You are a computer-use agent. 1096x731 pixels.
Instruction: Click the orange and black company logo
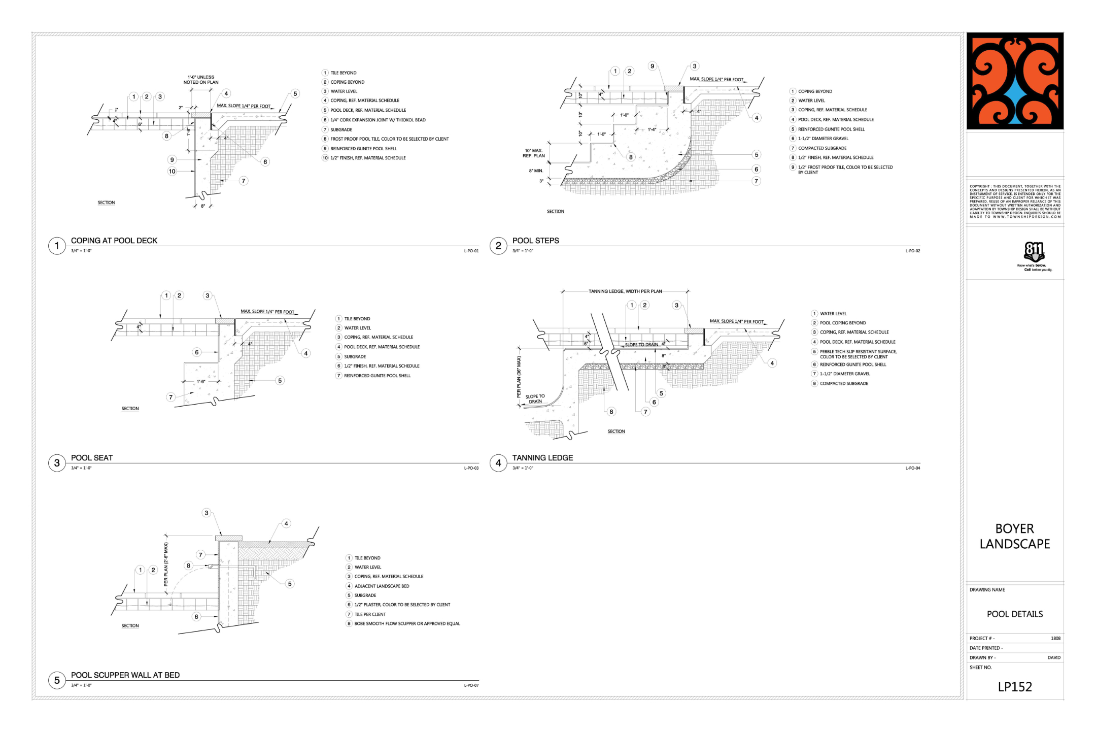click(1015, 81)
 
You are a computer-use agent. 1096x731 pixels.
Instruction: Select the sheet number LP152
click(1015, 687)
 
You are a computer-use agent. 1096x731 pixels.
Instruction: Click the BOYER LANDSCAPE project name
click(1015, 536)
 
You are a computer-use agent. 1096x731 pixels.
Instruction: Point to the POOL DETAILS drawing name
click(1015, 614)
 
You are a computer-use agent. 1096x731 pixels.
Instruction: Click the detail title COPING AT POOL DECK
click(114, 241)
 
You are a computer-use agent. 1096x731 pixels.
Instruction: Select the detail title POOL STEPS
click(535, 241)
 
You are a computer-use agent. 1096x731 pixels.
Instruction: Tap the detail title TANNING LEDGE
click(542, 458)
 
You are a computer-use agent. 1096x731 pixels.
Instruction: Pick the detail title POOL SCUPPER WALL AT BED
click(125, 675)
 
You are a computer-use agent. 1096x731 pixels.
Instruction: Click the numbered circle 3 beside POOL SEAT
click(57, 463)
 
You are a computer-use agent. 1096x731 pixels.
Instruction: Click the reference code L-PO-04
click(912, 468)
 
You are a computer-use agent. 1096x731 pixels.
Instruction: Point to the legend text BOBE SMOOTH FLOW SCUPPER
click(407, 624)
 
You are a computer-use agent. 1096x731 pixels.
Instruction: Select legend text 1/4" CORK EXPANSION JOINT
click(378, 120)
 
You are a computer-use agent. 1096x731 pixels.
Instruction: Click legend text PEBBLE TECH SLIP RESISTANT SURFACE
click(858, 352)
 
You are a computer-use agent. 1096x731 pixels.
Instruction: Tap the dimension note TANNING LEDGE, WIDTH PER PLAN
click(625, 291)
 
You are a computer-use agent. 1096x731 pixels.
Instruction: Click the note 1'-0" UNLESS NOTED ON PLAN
click(201, 80)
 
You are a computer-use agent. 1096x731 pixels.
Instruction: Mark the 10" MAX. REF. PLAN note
click(534, 153)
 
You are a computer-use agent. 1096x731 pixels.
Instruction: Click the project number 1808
click(1055, 639)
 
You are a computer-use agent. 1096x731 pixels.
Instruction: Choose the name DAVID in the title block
click(1054, 658)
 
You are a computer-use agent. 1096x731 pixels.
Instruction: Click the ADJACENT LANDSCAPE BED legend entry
click(382, 586)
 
